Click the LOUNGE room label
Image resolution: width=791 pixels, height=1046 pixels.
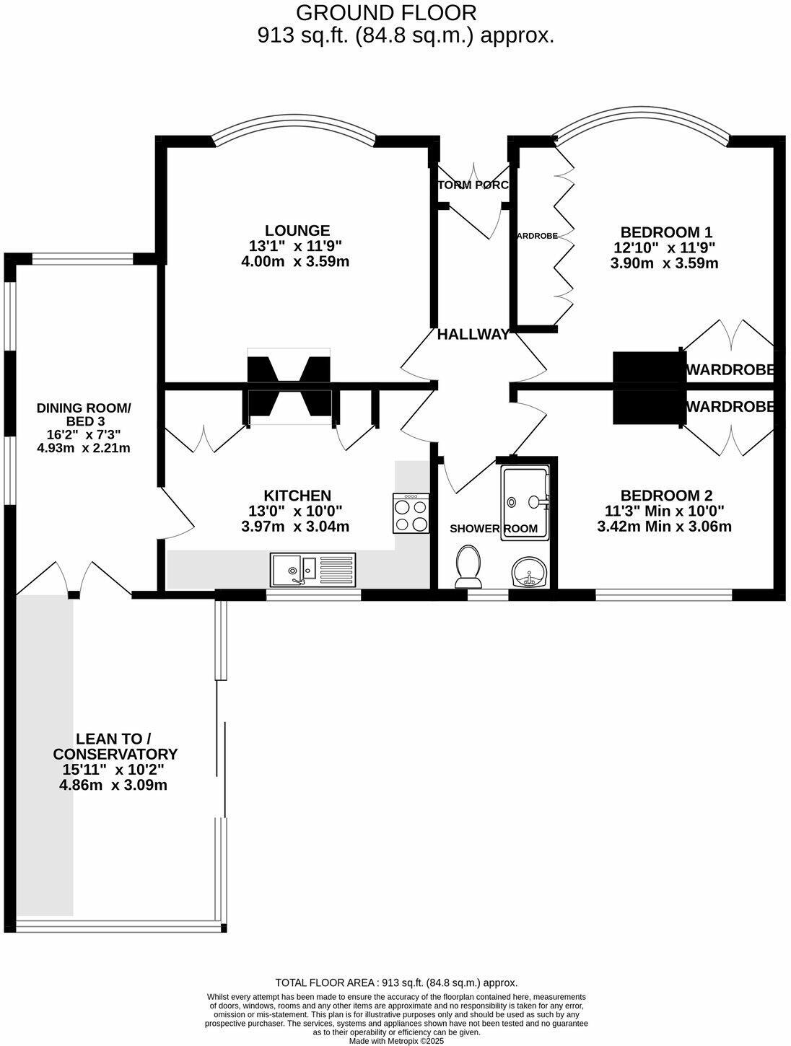click(x=297, y=231)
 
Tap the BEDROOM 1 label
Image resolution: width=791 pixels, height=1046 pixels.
click(x=666, y=232)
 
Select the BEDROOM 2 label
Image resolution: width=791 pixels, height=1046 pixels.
click(x=666, y=496)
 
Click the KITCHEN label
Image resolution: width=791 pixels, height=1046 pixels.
click(x=297, y=496)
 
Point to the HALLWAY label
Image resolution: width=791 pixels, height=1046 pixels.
click(x=473, y=335)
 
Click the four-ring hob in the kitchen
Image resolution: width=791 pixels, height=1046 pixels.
click(x=411, y=514)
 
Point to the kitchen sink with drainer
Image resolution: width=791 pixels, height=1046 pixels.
click(x=313, y=570)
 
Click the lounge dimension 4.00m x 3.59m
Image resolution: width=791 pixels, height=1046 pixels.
click(x=295, y=262)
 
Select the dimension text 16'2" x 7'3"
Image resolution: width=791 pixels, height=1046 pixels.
click(x=84, y=434)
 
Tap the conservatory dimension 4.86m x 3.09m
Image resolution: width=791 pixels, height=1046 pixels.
click(x=113, y=785)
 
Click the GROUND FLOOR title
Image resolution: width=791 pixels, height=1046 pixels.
click(x=386, y=12)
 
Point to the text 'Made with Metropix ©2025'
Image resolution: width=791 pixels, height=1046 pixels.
click(x=396, y=1041)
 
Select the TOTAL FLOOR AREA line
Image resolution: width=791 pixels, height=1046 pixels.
click(x=396, y=983)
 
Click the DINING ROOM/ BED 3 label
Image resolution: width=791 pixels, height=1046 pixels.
click(x=84, y=415)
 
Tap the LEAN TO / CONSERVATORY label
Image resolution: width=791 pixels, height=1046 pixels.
click(x=114, y=747)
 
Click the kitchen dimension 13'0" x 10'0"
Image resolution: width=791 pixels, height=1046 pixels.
click(x=295, y=511)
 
